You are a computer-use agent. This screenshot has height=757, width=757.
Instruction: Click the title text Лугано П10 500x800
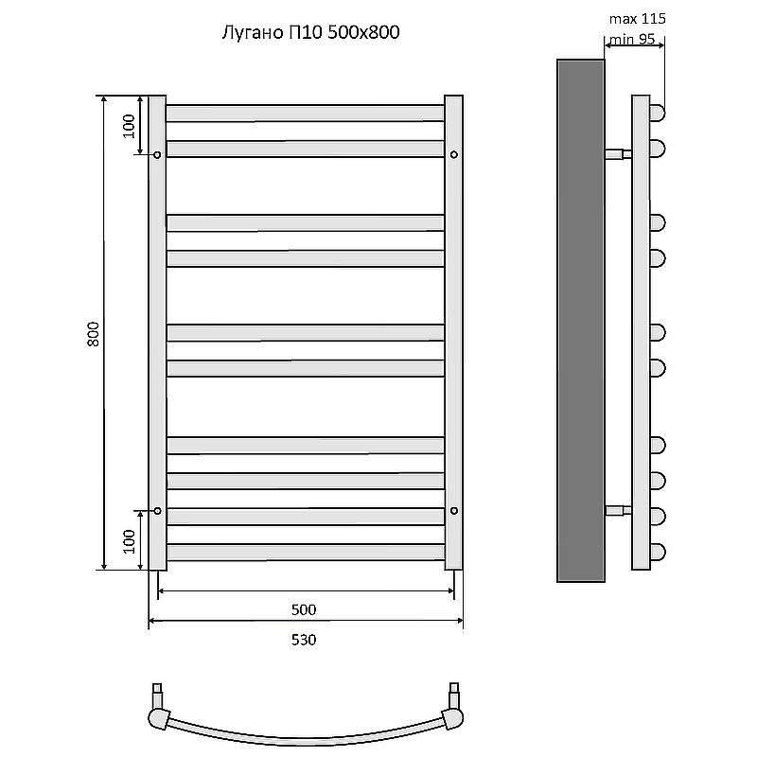pos(308,33)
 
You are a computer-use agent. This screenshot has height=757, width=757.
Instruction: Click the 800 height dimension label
pos(93,334)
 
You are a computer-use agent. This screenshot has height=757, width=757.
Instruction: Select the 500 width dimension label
pos(304,608)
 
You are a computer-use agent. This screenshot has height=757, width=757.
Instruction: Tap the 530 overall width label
pos(304,640)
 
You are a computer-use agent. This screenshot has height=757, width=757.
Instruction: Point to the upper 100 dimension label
pos(130,125)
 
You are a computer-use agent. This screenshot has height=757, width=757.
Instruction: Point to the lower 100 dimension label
pos(130,540)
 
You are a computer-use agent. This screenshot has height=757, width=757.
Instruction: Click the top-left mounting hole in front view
pos(157,154)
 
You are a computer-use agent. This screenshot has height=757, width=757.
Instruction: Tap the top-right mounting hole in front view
pos(454,154)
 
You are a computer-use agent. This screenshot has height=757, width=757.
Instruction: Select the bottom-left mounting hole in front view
pos(157,511)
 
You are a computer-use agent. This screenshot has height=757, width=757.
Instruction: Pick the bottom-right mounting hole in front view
pos(454,511)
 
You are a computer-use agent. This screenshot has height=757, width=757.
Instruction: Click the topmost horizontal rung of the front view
pos(305,113)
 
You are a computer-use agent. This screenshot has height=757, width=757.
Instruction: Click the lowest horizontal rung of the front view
pos(305,552)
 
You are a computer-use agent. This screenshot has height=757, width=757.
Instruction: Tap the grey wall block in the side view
pos(580,320)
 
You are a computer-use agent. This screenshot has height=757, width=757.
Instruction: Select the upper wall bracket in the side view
pos(618,153)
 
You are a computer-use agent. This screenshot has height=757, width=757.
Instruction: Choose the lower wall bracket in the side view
pos(618,512)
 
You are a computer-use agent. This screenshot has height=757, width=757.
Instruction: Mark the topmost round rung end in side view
pos(658,113)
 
